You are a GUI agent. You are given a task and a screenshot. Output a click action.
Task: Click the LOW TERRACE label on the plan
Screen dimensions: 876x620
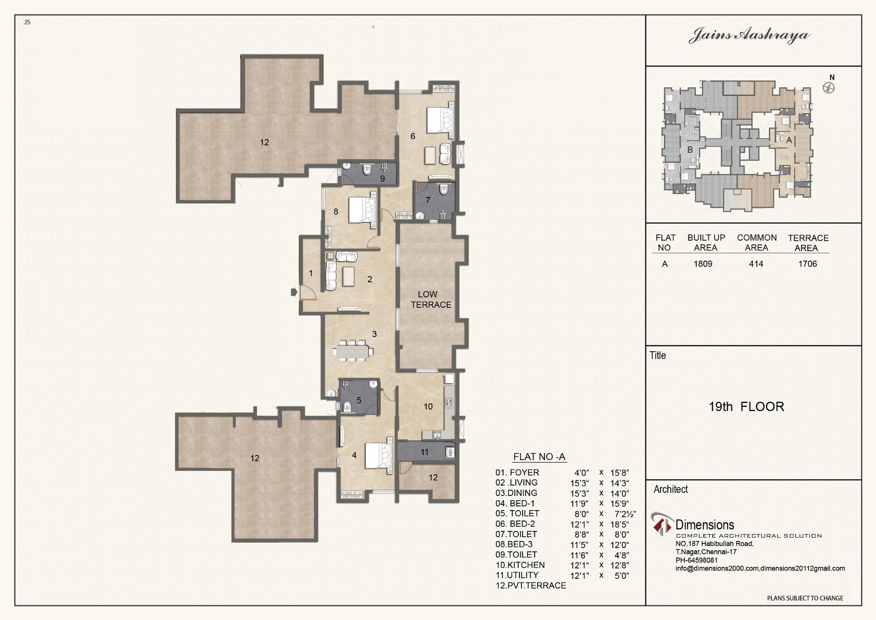pos(431,300)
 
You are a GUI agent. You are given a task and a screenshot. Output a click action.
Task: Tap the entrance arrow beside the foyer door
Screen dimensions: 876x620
pos(294,292)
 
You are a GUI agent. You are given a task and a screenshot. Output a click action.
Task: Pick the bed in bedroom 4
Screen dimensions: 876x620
pos(378,455)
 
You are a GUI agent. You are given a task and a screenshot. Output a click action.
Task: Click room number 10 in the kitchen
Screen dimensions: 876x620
pos(428,407)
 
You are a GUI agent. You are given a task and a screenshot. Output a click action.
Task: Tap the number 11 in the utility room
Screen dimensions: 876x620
pos(425,452)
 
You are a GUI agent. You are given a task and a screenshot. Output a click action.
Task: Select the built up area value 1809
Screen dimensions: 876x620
pos(703,264)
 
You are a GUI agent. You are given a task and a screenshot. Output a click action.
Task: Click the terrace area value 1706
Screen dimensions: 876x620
pos(808,264)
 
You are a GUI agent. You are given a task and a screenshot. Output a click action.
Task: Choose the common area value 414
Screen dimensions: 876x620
pos(756,264)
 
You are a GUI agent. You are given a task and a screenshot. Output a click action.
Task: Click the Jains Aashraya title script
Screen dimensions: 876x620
pos(750,35)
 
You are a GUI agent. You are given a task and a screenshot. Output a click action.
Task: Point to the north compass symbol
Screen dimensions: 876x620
pos(829,88)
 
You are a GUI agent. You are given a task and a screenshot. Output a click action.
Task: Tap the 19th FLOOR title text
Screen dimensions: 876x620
pos(746,407)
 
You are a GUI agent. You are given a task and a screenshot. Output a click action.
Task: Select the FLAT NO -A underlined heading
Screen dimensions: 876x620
pos(539,457)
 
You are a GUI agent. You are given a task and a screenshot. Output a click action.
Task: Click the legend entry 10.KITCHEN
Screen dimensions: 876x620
pos(520,565)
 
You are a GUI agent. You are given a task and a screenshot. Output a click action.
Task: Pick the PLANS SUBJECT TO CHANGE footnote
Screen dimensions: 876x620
pos(805,598)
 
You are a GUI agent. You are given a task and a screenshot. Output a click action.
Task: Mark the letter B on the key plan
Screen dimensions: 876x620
pos(690,150)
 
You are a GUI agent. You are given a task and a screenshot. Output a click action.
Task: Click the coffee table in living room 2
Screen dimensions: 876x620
pos(348,276)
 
